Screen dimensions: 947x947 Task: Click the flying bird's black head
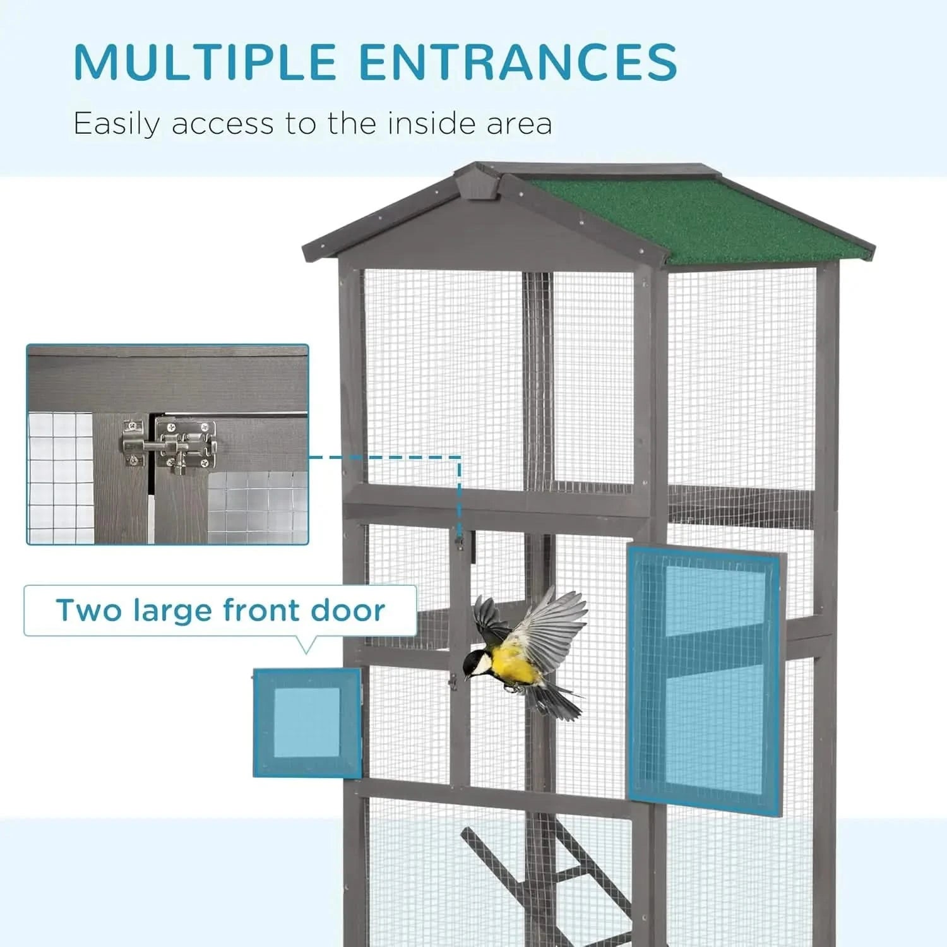(475, 662)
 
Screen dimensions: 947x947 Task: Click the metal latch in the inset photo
(170, 445)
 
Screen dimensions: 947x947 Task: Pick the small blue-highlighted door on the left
(307, 723)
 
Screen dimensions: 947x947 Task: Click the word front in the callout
(265, 610)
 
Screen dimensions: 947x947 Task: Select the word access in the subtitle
(223, 124)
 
